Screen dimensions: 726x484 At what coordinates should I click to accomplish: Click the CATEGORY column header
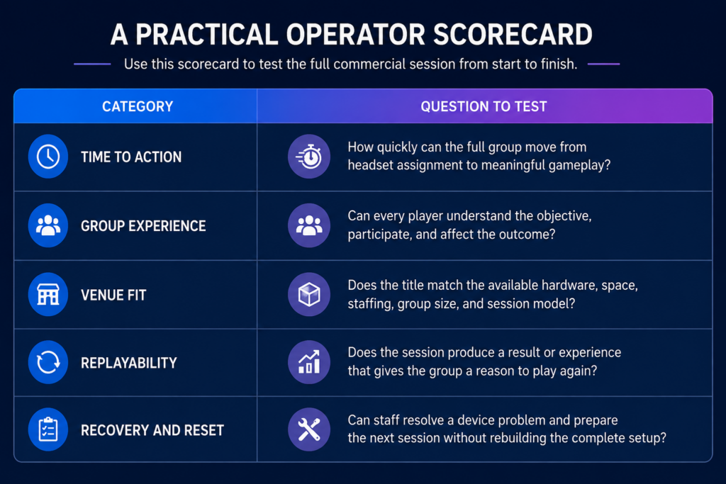point(138,106)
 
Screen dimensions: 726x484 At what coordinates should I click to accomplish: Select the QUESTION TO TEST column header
point(484,106)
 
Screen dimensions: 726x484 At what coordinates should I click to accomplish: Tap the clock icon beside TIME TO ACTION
point(48,157)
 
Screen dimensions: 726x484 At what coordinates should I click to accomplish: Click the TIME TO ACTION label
point(131,157)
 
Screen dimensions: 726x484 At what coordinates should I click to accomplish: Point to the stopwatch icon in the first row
point(309,157)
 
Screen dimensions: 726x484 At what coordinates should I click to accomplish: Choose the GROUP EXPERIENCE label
point(143,226)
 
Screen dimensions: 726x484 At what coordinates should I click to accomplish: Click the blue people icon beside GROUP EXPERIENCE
point(48,225)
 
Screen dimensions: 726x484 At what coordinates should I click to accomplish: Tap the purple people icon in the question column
point(309,225)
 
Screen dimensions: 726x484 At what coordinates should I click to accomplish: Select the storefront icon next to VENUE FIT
point(48,294)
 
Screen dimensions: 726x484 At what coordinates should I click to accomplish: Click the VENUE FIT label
point(113,296)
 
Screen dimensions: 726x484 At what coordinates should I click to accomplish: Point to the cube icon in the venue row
point(309,294)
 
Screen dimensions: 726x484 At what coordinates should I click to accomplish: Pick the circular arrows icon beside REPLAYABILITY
point(48,362)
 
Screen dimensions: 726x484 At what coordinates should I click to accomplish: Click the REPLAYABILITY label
point(129,363)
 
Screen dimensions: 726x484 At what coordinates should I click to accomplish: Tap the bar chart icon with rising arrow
point(309,362)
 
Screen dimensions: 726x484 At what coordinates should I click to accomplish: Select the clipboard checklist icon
point(48,429)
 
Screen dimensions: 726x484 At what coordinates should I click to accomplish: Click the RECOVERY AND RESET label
point(152,430)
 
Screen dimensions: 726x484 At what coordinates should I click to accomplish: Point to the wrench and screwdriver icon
point(309,429)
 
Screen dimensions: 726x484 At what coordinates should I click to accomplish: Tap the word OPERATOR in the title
point(355,35)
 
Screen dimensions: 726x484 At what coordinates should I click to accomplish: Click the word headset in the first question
point(373,164)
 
